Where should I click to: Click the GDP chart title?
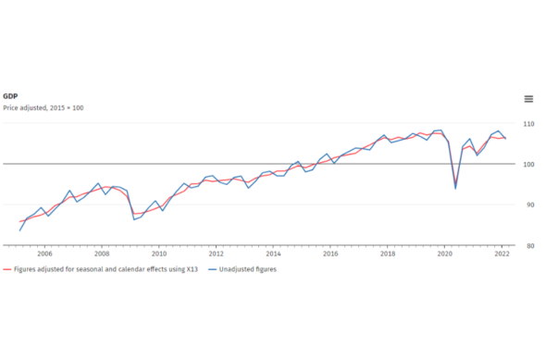(10, 96)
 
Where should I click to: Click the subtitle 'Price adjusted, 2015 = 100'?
(43, 108)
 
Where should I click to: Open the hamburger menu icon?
(528, 99)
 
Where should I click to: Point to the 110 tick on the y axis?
(528, 124)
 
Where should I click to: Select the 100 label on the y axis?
(528, 165)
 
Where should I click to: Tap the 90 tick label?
(530, 205)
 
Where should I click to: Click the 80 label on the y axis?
(530, 246)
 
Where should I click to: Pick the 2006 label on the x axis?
(44, 254)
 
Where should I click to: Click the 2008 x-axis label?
(102, 254)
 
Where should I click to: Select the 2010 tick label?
(159, 254)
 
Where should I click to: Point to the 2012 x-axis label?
(216, 254)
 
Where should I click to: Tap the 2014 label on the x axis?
(273, 254)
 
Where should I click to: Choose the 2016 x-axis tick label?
(330, 254)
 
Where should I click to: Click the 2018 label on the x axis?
(388, 254)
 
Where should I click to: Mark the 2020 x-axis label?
(445, 254)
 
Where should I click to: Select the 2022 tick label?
(503, 254)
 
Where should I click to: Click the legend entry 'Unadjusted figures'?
(242, 269)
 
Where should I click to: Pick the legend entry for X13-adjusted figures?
(100, 269)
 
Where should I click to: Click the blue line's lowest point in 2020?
(455, 189)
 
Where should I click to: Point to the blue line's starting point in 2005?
(19, 230)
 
